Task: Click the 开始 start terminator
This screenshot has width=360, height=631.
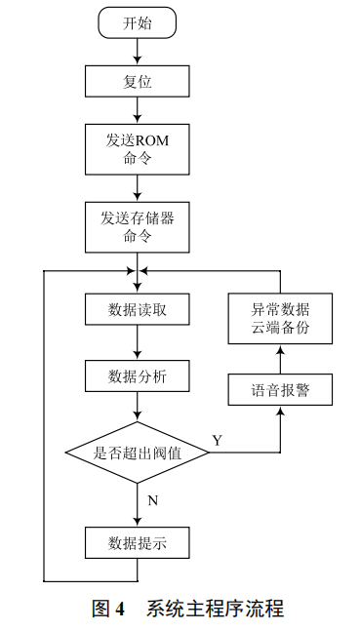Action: click(138, 23)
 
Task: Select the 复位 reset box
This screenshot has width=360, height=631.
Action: click(138, 81)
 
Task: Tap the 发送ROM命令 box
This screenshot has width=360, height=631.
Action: click(138, 149)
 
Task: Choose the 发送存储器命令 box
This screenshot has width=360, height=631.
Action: click(138, 224)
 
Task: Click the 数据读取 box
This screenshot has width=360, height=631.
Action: click(138, 310)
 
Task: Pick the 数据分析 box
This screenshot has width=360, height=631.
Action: click(138, 375)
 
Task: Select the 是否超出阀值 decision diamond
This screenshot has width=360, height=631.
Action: click(138, 452)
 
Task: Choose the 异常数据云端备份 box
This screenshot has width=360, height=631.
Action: click(281, 318)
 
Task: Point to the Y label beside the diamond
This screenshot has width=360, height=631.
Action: click(217, 440)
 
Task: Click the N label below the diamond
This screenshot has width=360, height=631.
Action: click(151, 499)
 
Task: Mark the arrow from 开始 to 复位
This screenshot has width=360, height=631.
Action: click(138, 53)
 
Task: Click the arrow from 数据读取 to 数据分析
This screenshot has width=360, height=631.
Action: click(138, 343)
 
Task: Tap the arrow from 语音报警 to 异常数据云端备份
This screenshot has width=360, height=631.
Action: click(281, 360)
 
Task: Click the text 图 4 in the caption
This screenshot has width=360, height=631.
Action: click(108, 610)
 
